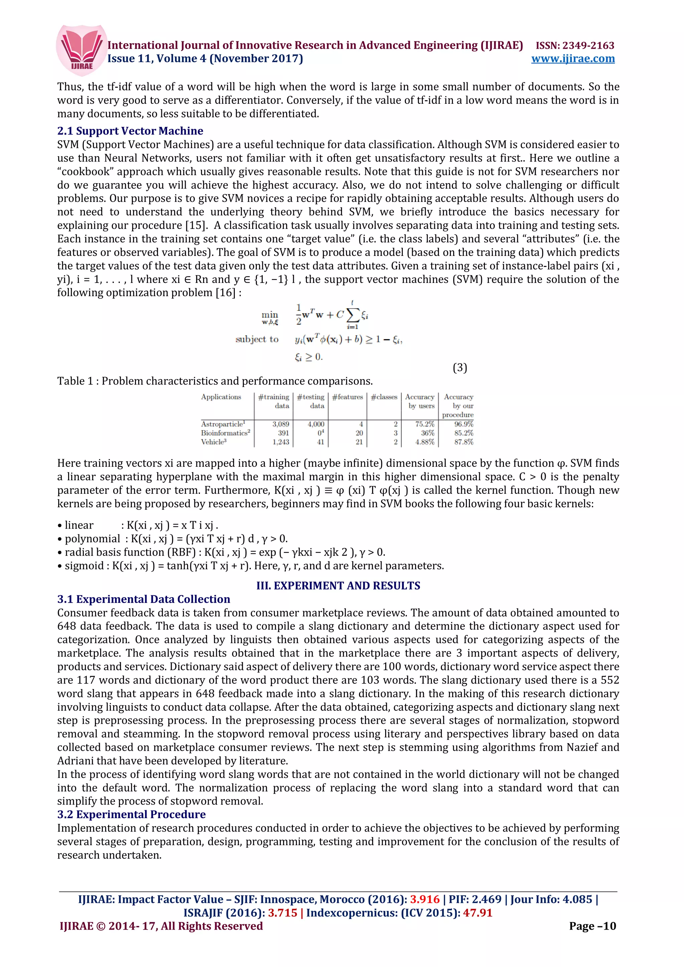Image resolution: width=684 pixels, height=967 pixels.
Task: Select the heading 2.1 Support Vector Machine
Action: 130,131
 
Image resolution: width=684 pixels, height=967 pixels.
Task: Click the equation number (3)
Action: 460,368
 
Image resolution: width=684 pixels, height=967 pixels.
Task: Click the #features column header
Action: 347,397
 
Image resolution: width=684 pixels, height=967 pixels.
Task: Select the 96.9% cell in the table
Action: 464,424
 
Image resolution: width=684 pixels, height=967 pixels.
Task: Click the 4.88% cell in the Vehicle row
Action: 424,442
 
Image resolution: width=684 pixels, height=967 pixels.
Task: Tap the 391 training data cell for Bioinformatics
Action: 283,433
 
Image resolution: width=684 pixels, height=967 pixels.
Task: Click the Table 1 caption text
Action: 215,381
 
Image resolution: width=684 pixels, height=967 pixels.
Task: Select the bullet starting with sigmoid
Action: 250,566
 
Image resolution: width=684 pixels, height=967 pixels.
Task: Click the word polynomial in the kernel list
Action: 92,539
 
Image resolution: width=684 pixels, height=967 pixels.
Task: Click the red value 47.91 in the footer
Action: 478,913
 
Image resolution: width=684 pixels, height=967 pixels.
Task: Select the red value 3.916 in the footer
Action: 425,899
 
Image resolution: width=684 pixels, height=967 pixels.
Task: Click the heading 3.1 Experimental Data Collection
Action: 143,599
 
